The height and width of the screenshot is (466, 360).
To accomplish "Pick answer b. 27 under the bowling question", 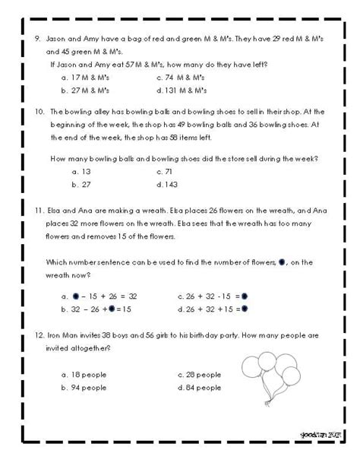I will click(81, 185).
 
